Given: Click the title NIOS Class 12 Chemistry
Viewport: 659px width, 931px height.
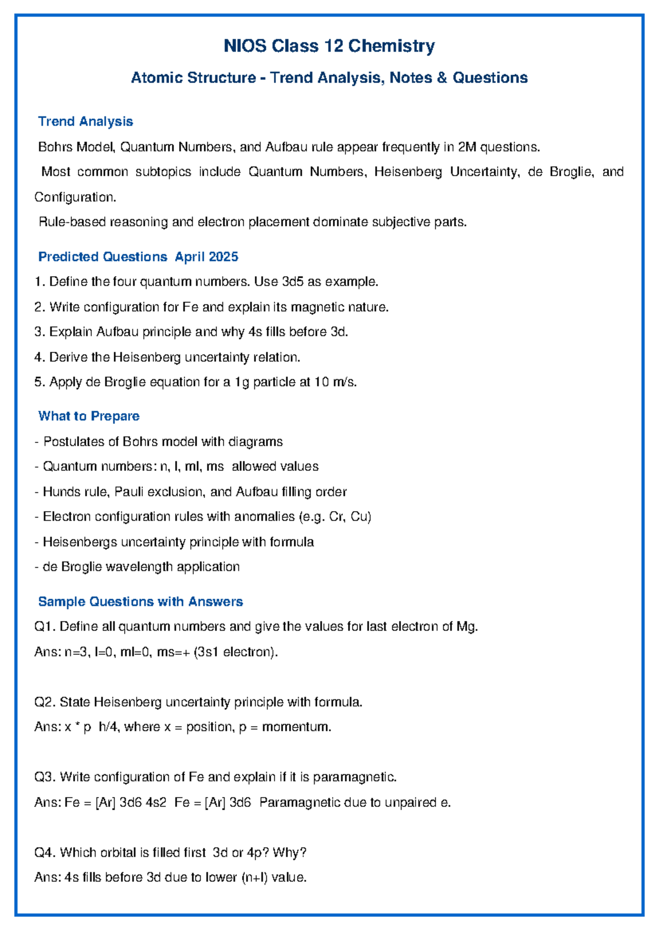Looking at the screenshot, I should click(329, 46).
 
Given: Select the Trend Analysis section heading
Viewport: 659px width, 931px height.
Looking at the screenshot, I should click(85, 121).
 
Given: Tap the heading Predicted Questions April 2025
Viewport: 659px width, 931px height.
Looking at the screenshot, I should click(138, 257).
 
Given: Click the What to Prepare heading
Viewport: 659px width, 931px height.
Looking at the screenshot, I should click(88, 416).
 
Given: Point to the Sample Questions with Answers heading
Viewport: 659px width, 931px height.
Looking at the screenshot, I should click(140, 602).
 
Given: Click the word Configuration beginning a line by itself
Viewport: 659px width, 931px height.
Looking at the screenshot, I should click(75, 197).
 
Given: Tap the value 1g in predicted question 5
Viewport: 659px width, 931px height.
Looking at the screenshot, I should click(242, 382).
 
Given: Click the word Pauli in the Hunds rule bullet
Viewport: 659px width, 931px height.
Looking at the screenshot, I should click(127, 492).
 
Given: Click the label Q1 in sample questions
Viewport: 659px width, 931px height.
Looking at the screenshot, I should click(44, 627).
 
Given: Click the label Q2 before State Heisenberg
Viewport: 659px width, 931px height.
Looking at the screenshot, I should click(44, 702).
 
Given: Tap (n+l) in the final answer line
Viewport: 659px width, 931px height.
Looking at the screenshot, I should click(254, 878).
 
